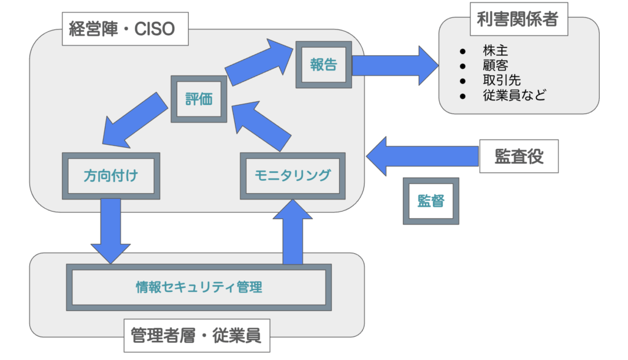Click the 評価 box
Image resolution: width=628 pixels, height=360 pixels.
click(199, 99)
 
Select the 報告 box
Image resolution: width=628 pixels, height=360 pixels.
click(323, 64)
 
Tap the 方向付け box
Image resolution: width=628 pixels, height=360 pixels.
click(111, 175)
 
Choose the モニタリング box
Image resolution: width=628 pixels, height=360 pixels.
click(292, 175)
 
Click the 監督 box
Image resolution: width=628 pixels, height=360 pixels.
click(431, 201)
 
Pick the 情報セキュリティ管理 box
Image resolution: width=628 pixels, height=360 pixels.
click(199, 286)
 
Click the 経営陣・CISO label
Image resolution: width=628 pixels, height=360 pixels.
click(124, 29)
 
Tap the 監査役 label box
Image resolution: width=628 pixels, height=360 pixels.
click(519, 156)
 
